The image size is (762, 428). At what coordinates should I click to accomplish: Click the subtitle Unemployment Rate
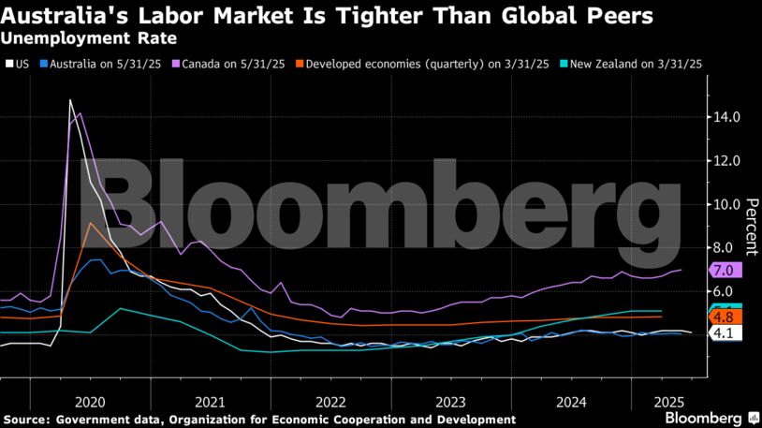click(x=88, y=39)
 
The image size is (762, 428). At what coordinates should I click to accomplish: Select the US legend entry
click(x=20, y=64)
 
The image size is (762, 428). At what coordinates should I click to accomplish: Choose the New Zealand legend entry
click(x=631, y=64)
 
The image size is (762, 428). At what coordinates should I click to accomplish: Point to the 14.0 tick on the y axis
click(x=727, y=117)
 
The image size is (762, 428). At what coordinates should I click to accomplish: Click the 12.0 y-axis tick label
click(x=727, y=161)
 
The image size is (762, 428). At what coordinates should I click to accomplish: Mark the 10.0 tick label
click(x=727, y=204)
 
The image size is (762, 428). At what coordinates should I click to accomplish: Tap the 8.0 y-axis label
click(x=724, y=248)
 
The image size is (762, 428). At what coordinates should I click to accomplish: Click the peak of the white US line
click(x=70, y=99)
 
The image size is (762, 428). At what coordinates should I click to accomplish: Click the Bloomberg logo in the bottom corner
click(x=711, y=416)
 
